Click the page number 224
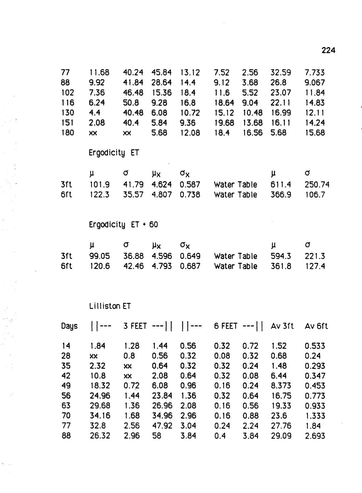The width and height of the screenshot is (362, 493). click(328, 50)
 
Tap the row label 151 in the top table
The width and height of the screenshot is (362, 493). click(67, 123)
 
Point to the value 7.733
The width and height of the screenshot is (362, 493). click(315, 73)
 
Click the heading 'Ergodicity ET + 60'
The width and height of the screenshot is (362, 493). click(123, 225)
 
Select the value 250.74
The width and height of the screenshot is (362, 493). click(317, 185)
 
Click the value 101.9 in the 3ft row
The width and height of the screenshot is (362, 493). click(99, 185)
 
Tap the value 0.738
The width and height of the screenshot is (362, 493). click(190, 195)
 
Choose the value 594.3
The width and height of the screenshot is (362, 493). click(281, 256)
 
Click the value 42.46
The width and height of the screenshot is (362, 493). click(133, 266)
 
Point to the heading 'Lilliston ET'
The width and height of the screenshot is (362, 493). click(110, 306)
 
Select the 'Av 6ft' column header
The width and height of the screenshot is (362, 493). click(316, 326)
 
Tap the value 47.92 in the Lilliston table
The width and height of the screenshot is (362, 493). click(162, 426)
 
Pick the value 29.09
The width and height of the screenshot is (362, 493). click(281, 436)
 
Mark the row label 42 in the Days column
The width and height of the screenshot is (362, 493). click(66, 376)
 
